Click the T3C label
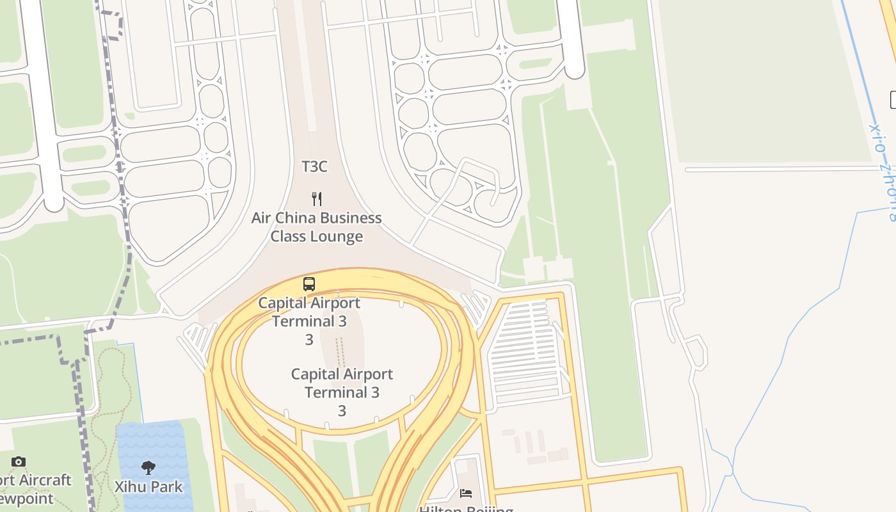coord(314,166)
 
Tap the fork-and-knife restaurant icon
coord(316,198)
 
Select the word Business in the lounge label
coord(350,218)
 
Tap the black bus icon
coord(309,284)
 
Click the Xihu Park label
coord(148,487)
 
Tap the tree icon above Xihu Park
coord(148,468)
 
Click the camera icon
coord(19,461)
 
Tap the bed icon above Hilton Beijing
coord(466,493)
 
